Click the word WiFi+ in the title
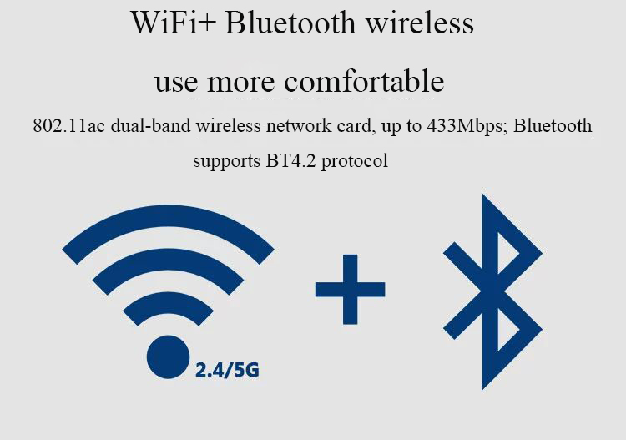[173, 23]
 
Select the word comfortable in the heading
[364, 81]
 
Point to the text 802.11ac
[68, 126]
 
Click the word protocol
[355, 162]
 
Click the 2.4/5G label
[227, 370]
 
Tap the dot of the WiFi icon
[168, 357]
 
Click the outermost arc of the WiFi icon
[168, 217]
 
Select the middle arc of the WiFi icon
[168, 259]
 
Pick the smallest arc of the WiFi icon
[168, 301]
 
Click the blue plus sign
[350, 290]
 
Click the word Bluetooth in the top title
[290, 23]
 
